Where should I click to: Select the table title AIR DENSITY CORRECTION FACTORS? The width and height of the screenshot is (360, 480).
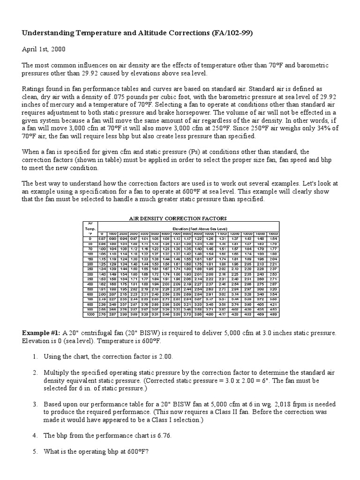pyautogui.click(x=178, y=218)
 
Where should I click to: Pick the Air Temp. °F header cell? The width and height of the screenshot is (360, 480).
pyautogui.click(x=89, y=227)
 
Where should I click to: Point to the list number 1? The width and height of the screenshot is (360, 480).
pyautogui.click(x=35, y=356)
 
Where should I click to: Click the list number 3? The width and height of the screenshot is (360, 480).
pyautogui.click(x=35, y=404)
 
